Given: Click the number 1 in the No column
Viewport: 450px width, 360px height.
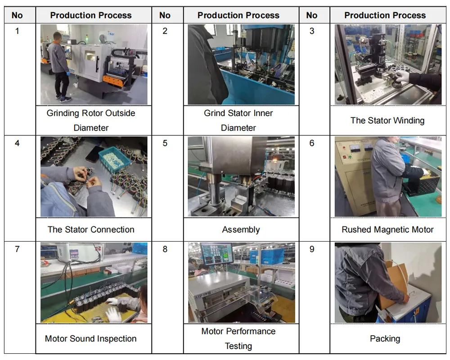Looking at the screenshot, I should pyautogui.click(x=17, y=31).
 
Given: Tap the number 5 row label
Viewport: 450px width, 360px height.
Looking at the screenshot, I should pyautogui.click(x=165, y=143).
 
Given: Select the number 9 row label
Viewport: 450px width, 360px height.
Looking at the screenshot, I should pyautogui.click(x=312, y=249).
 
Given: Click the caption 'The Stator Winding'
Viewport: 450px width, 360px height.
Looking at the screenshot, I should pyautogui.click(x=387, y=120).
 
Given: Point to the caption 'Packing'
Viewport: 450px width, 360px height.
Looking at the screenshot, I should pyautogui.click(x=385, y=338).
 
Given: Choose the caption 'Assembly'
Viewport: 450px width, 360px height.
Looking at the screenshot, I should pyautogui.click(x=241, y=229).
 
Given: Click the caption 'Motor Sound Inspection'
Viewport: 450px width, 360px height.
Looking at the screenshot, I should pyautogui.click(x=90, y=338).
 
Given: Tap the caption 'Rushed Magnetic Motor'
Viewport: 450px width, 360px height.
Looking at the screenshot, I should pyautogui.click(x=387, y=229).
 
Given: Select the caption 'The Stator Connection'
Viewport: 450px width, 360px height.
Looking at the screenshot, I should pyautogui.click(x=91, y=229).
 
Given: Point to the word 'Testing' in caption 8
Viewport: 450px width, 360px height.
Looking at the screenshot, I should pyautogui.click(x=238, y=346).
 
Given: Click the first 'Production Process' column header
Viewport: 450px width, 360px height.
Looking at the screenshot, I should pyautogui.click(x=91, y=15).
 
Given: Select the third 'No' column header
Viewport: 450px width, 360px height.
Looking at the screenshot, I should pyautogui.click(x=312, y=15).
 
